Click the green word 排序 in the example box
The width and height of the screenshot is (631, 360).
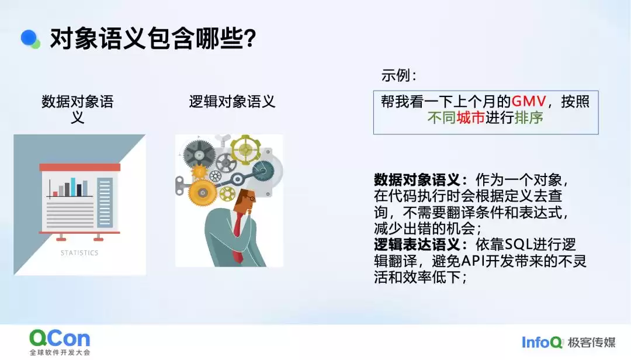pyautogui.click(x=529, y=117)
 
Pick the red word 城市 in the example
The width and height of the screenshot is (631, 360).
pyautogui.click(x=471, y=117)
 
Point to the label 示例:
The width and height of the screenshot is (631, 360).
pyautogui.click(x=400, y=75)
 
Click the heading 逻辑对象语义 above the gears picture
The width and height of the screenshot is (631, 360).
pyautogui.click(x=232, y=102)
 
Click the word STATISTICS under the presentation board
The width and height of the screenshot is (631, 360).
pyautogui.click(x=79, y=253)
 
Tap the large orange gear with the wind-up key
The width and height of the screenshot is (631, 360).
pyautogui.click(x=203, y=190)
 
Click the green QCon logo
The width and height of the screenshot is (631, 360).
pyautogui.click(x=60, y=338)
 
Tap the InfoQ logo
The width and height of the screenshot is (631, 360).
pyautogui.click(x=542, y=342)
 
